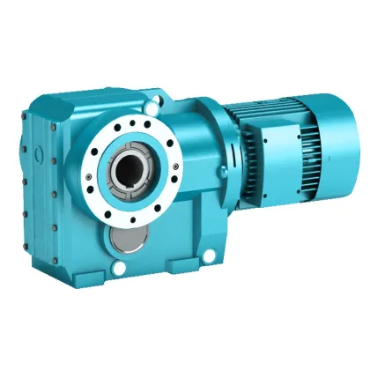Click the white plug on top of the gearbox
(x=156, y=107)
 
